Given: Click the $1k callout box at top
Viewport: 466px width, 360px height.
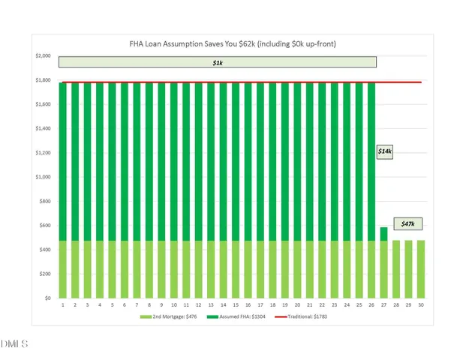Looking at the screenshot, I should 218,62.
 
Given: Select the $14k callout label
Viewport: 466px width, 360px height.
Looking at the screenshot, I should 385,151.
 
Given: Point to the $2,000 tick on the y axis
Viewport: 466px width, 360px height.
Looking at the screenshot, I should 43,56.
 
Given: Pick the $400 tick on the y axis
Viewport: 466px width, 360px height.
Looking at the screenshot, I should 44,250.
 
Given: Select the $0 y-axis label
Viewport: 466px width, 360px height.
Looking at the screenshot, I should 47,298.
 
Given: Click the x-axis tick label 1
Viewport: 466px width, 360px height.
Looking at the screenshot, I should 63,306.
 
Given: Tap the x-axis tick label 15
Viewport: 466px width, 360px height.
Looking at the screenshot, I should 236,306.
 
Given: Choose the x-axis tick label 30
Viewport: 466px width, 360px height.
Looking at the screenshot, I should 421,306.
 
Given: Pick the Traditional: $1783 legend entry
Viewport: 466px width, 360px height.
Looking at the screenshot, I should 305,317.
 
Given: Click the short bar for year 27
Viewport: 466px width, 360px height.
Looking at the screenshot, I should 384,262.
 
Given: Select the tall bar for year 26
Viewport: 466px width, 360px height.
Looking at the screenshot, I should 371,187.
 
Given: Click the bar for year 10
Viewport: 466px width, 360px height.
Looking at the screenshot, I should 174,187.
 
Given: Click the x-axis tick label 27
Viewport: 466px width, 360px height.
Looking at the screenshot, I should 384,306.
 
